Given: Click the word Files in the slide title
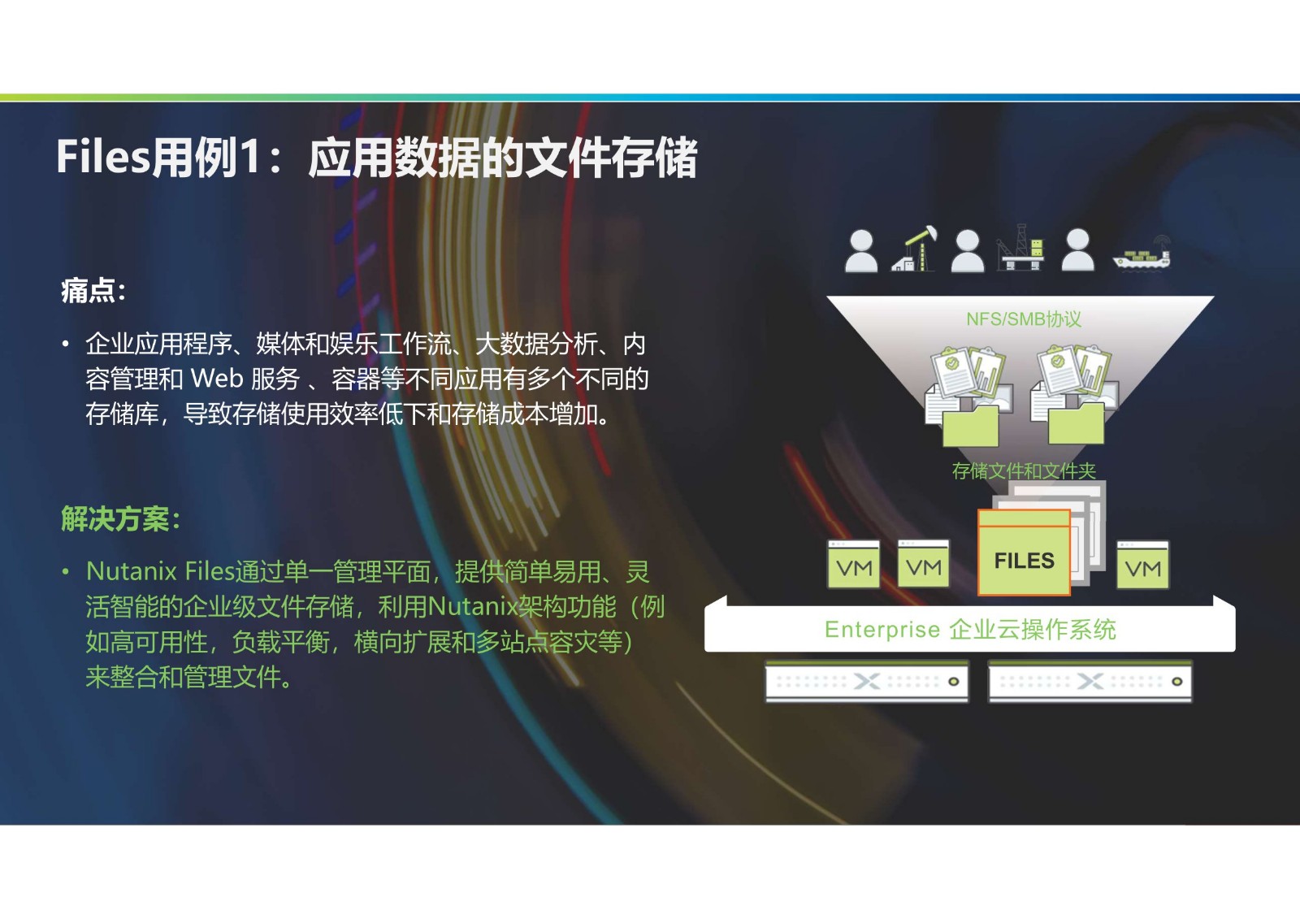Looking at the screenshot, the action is coord(103,157).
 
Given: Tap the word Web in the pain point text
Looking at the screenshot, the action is coord(217,379).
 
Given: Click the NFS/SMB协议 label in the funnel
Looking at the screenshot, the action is coord(1024,319).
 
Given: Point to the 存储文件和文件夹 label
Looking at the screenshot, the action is coord(1024,470).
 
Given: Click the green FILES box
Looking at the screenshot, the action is coord(1025,552).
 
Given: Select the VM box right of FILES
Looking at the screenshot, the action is coord(1142,565).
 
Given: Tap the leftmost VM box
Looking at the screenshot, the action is coord(854,564).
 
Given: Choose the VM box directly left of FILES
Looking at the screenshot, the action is coord(923,563).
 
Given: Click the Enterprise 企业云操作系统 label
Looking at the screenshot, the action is coord(970,629).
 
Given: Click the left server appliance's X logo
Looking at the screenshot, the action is coord(867,682).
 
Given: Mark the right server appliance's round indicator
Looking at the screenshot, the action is coord(1177,682).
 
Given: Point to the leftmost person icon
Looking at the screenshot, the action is coord(861,251).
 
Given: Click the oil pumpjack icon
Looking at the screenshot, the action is coord(914,249).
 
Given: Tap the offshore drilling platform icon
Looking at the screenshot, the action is coord(1020,247).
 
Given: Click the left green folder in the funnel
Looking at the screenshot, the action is coord(970,427).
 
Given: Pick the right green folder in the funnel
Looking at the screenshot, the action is coord(1076,424).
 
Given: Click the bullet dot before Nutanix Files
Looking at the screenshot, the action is coord(66,572).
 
